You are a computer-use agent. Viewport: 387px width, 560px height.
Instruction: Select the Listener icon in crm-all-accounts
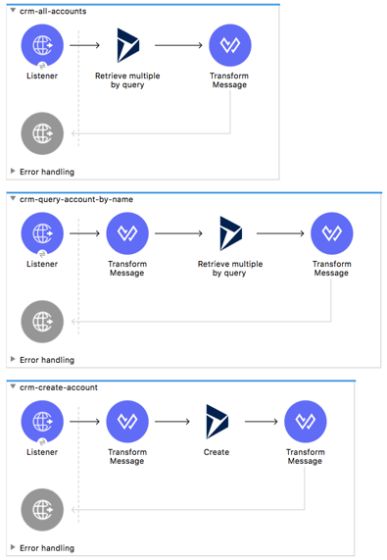pos(42,45)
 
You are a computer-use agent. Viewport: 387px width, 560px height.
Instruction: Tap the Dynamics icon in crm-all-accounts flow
pos(127,45)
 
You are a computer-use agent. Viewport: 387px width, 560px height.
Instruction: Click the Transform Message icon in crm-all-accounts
pos(229,45)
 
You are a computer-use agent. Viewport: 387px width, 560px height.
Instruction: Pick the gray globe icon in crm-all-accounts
pos(42,132)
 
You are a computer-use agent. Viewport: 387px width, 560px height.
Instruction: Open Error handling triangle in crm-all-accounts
pos(13,172)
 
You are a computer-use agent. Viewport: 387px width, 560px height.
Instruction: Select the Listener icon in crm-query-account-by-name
pos(42,233)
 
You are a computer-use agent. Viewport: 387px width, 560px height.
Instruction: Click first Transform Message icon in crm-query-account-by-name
pos(126,233)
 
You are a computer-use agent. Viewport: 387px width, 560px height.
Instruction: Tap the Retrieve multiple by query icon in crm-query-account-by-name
pos(230,233)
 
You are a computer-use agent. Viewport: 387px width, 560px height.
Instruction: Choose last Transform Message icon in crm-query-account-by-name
pos(331,233)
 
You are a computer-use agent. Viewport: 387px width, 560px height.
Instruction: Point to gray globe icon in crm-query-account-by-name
pos(42,321)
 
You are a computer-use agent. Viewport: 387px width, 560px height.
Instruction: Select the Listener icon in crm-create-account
pos(42,422)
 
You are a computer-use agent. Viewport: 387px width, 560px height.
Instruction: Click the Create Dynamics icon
pos(216,422)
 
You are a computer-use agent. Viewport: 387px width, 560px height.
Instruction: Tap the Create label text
pos(216,452)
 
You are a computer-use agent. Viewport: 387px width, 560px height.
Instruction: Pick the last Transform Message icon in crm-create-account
pos(305,422)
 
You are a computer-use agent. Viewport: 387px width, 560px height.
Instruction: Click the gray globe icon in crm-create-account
pos(42,509)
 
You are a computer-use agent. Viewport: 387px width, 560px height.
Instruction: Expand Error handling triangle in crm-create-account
pos(13,548)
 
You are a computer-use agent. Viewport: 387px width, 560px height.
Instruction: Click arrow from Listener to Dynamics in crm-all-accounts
pos(85,45)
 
